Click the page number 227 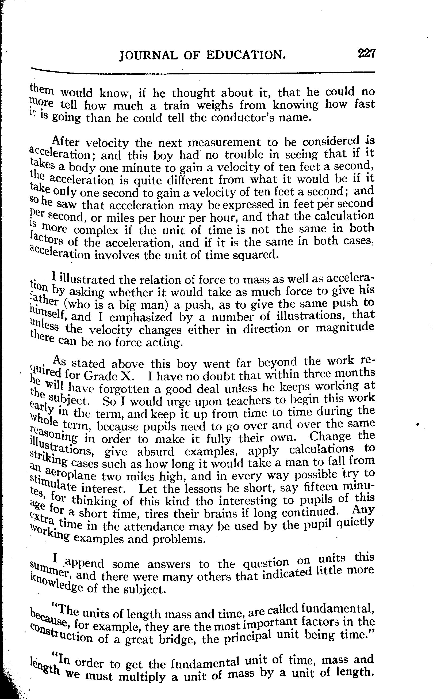[366, 53]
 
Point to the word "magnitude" [345, 328]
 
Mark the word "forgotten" [130, 389]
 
